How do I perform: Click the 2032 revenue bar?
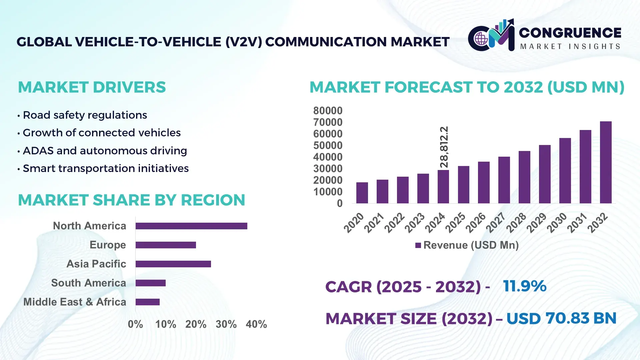click(x=606, y=163)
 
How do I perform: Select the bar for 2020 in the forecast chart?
click(x=362, y=193)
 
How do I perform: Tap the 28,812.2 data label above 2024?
click(x=444, y=147)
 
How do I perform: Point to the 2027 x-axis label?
click(x=496, y=222)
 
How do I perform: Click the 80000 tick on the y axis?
click(x=328, y=111)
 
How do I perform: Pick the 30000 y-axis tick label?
click(x=328, y=169)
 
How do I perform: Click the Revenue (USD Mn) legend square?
click(x=418, y=245)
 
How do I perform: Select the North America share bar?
click(x=191, y=226)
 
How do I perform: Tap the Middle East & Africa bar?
click(x=148, y=302)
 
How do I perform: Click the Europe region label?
click(x=108, y=245)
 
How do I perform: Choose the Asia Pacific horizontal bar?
click(x=173, y=264)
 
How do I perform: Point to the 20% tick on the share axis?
click(x=196, y=324)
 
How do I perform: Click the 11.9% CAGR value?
click(x=525, y=286)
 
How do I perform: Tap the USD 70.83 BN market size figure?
click(x=561, y=318)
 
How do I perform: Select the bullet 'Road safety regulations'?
click(x=85, y=115)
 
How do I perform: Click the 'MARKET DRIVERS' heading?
click(x=92, y=87)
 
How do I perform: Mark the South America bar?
click(x=151, y=283)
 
